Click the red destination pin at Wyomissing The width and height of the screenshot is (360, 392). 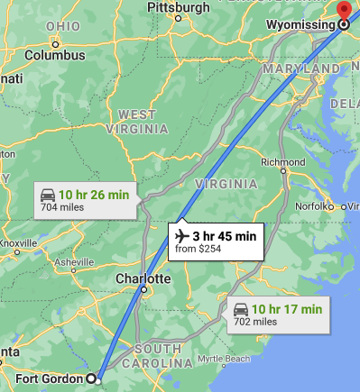[x=343, y=11]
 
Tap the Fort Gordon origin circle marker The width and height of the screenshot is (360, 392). [x=91, y=378]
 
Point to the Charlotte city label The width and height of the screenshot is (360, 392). [x=143, y=279]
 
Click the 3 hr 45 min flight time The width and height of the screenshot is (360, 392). [x=224, y=236]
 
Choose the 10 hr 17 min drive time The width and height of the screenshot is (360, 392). [x=287, y=309]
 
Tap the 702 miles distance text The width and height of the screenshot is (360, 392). [x=253, y=322]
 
